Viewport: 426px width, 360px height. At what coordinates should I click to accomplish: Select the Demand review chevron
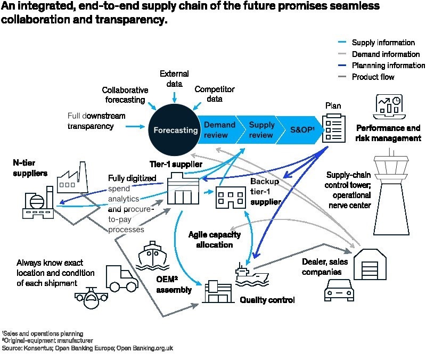coord(219,130)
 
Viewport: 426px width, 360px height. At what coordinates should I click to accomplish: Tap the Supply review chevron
coord(261,130)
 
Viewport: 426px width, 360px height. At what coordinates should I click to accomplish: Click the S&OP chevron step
coord(302,130)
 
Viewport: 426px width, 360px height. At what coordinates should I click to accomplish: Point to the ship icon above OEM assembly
coord(154,256)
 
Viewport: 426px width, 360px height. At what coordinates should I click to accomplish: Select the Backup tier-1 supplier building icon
coord(230,198)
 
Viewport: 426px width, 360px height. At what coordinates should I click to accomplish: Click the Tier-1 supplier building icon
coord(183,190)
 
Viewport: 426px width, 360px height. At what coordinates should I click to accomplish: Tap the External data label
coord(174,79)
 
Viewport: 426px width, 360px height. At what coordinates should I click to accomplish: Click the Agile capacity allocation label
coord(214,240)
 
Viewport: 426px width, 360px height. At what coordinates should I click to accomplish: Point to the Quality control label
coord(267,300)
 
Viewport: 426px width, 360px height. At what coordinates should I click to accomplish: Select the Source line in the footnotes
coord(88,348)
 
